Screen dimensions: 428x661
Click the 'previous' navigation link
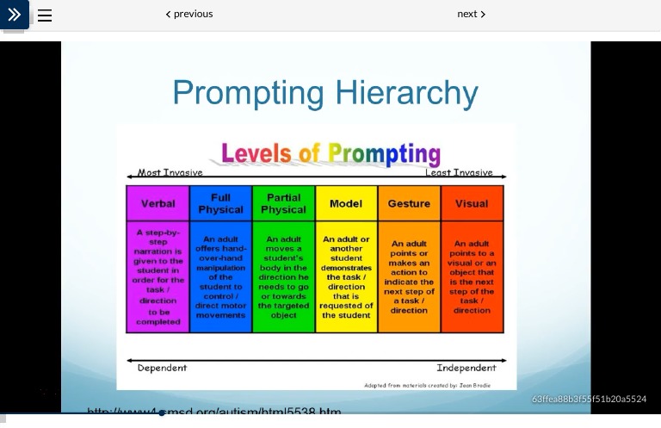[x=189, y=14]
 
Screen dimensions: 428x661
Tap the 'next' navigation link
[x=472, y=14]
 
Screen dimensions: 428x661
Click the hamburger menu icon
[x=45, y=16]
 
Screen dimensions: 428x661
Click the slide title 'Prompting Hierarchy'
[x=325, y=93]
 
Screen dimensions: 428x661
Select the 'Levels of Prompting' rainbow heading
[x=330, y=154]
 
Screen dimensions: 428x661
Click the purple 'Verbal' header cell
[x=158, y=204]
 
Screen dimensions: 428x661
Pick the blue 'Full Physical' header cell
[x=220, y=204]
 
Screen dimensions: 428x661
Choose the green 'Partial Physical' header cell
[x=283, y=204]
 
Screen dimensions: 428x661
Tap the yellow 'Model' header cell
[x=346, y=204]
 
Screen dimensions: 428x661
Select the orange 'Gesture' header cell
[x=409, y=204]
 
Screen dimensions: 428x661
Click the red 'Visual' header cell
[x=472, y=204]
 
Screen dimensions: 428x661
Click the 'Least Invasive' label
[x=459, y=173]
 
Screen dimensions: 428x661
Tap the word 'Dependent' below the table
[x=162, y=368]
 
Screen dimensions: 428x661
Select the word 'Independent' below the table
[x=466, y=368]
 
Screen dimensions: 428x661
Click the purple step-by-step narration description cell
[x=158, y=276]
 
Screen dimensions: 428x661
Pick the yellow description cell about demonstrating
[x=346, y=276]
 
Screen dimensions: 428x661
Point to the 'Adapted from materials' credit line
[x=427, y=385]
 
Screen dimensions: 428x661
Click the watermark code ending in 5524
[x=589, y=399]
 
